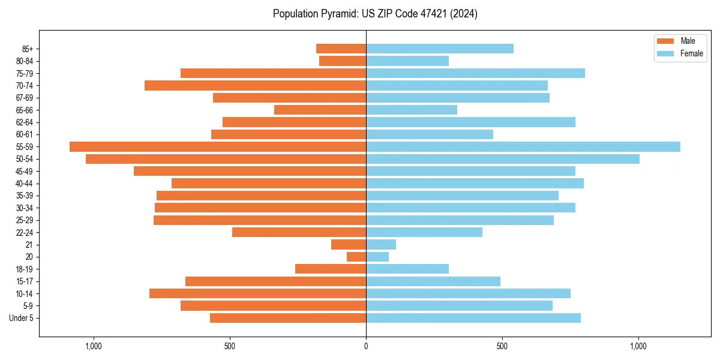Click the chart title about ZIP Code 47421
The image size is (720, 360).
pos(375,14)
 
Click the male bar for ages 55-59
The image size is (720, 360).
pos(218,146)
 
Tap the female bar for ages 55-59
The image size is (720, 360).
pos(523,146)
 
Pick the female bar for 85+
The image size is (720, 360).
pos(440,49)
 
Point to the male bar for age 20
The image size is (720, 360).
pos(356,257)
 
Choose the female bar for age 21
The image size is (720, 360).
pos(381,244)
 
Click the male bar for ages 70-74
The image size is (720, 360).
pos(255,85)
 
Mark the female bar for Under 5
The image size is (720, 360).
pos(473,318)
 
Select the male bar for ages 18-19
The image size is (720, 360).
pos(331,269)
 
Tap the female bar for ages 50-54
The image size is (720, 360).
pos(503,159)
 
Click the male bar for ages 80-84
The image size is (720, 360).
pos(343,61)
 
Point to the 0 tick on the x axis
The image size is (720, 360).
pos(366,346)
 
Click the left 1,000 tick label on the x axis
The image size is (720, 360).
pos(94,346)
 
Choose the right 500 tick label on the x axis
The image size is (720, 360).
pos(502,346)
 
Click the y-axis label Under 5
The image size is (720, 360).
pos(22,318)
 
